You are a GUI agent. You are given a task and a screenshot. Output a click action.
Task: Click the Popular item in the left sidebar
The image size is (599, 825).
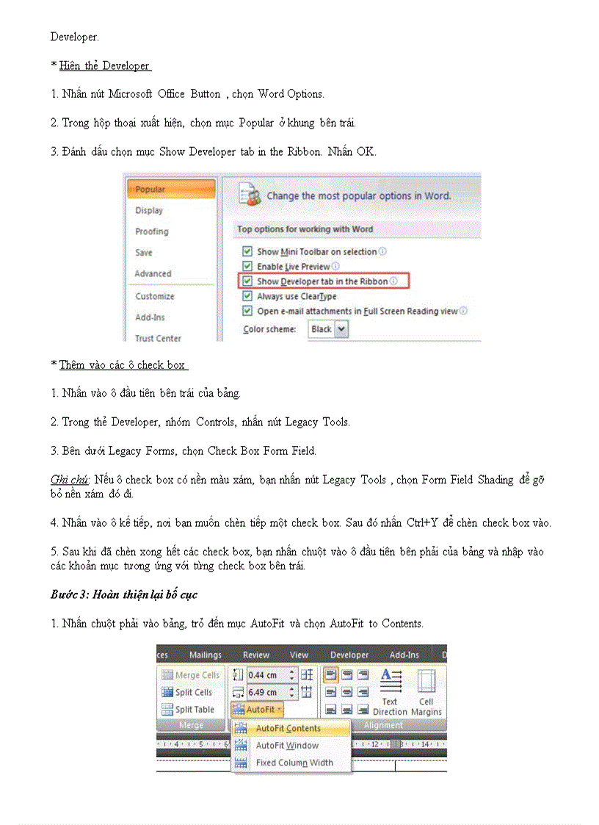[x=150, y=190]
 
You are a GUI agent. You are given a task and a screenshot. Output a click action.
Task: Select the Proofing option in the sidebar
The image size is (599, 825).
[x=152, y=231]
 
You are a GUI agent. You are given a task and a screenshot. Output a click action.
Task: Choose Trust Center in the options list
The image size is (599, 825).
[x=158, y=338]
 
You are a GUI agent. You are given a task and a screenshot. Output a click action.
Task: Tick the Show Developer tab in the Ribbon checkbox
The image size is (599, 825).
[x=247, y=281]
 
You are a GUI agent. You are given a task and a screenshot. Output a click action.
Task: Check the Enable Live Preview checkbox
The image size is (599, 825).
[x=247, y=267]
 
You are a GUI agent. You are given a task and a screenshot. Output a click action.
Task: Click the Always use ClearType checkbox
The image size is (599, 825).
[x=247, y=296]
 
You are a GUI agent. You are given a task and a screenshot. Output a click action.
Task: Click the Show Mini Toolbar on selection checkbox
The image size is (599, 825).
[x=247, y=252]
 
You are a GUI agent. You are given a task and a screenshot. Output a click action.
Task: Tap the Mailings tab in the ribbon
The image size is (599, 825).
[x=205, y=655]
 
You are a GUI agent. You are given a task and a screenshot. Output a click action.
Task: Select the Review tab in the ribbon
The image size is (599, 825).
[x=256, y=655]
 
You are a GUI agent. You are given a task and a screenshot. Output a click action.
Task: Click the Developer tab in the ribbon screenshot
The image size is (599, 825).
[x=349, y=655]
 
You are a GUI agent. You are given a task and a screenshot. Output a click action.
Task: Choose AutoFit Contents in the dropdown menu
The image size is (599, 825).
[x=288, y=728]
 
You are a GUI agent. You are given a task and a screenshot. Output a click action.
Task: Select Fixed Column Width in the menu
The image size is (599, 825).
[x=294, y=763]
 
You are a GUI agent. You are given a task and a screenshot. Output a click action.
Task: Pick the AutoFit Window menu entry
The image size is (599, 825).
[x=287, y=746]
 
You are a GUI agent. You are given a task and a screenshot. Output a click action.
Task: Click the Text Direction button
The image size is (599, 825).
[x=390, y=692]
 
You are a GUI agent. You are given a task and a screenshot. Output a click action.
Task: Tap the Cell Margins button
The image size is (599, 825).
[x=426, y=692]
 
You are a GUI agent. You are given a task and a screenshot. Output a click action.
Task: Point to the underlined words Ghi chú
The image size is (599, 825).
[x=69, y=480]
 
